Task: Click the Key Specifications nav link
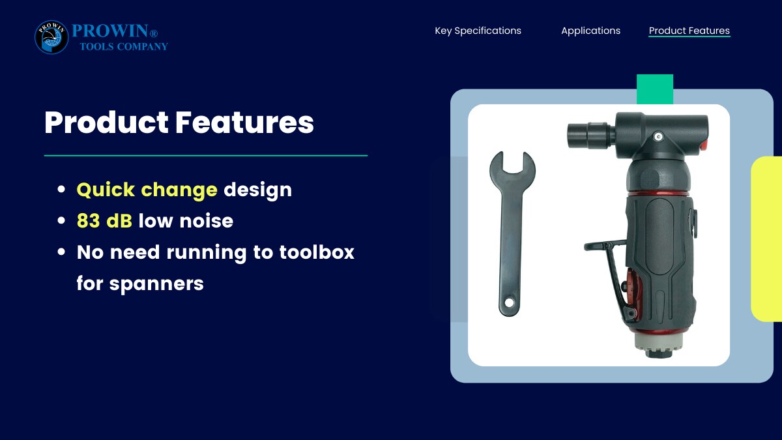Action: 478,31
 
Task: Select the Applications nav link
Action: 590,31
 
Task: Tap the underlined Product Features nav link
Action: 689,31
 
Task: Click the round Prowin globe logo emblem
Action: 51,37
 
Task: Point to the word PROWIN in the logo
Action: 110,31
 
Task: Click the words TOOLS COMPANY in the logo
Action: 124,46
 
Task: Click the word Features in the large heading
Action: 244,123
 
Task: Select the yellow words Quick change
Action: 147,190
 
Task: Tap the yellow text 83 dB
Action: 104,221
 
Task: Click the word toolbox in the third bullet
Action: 317,252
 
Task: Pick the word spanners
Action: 156,284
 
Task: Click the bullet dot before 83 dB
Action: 61,221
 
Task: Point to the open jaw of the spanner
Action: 512,164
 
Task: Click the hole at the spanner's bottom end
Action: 510,302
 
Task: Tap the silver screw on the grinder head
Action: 659,136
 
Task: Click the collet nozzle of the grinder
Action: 590,135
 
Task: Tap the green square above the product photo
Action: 655,89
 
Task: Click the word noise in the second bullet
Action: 206,221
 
